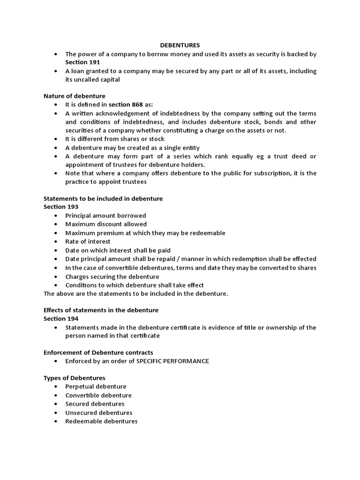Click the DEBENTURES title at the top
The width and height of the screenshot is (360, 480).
pos(180,45)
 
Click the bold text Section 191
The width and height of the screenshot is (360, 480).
pos(82,62)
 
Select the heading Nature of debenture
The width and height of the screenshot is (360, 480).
pos(75,96)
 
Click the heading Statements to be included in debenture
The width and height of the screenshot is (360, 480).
pos(103,199)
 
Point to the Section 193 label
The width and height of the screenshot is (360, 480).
pos(61,207)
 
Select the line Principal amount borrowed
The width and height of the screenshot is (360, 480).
pos(105,216)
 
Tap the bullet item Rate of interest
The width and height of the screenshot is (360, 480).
pos(88,241)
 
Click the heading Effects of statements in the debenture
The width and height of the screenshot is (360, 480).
pos(101,310)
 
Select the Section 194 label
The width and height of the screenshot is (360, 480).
pos(61,319)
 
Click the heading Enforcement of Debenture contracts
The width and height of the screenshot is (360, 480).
pos(98,352)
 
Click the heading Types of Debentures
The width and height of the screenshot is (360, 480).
pos(75,378)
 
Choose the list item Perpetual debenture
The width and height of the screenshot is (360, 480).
pos(96,387)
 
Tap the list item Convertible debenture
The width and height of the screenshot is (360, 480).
pos(98,395)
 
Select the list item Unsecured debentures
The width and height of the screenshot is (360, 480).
pos(99,413)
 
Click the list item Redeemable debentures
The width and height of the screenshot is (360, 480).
pos(101,421)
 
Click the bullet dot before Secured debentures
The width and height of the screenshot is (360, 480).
pos(55,404)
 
